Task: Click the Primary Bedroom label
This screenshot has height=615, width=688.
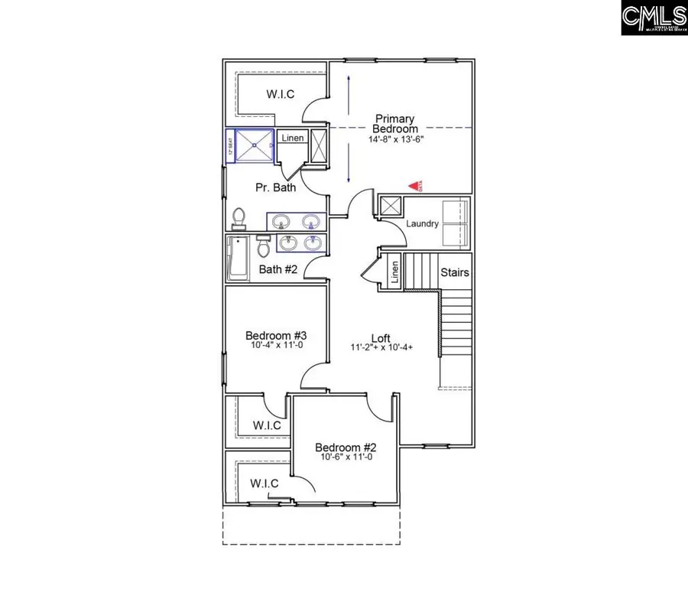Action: tap(394, 124)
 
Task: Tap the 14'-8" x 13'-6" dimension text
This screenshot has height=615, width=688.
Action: tap(394, 140)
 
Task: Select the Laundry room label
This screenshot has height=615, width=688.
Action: tap(422, 223)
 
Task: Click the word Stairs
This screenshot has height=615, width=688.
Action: tap(454, 272)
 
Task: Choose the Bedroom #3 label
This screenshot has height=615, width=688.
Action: tap(276, 335)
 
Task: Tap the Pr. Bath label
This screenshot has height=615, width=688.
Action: tap(274, 187)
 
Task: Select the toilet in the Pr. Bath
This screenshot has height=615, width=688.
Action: tap(239, 219)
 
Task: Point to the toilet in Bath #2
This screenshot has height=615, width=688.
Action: tap(264, 246)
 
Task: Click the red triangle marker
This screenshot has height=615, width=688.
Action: tap(414, 185)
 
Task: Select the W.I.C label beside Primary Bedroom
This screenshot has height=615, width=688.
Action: tap(281, 94)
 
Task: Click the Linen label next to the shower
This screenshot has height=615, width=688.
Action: tap(293, 138)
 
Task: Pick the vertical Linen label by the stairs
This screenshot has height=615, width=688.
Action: tap(395, 272)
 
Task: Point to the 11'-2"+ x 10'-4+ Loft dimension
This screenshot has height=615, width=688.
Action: tap(381, 347)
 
